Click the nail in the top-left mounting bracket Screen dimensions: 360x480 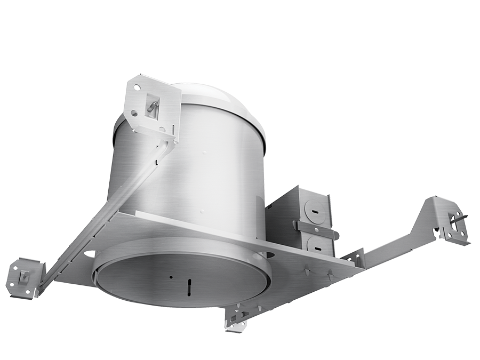(x=152, y=106)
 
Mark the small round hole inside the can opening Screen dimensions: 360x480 (x=170, y=277)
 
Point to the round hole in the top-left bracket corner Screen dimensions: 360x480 (x=137, y=86)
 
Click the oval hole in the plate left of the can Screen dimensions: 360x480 (x=89, y=254)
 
